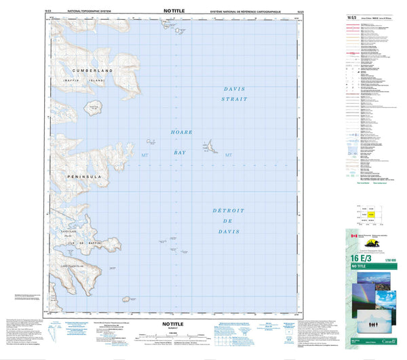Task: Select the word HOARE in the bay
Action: [x=182, y=132]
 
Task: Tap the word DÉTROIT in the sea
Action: [x=228, y=211]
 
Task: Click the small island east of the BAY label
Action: [x=209, y=144]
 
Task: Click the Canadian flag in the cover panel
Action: [x=353, y=237]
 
